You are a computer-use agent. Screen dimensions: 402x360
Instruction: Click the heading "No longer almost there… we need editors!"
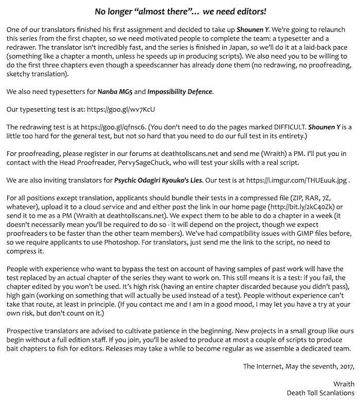pyautogui.click(x=180, y=10)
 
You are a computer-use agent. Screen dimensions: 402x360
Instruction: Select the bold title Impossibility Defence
pyautogui.click(x=179, y=92)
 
